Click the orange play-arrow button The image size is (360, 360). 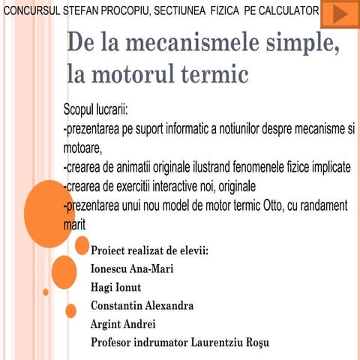339,13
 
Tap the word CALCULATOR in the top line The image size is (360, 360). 286,13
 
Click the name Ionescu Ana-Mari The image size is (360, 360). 131,268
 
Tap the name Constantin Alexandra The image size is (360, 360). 142,305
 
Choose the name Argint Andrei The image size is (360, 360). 122,324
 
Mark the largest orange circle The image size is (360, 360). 49,214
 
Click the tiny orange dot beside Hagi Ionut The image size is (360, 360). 46,292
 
